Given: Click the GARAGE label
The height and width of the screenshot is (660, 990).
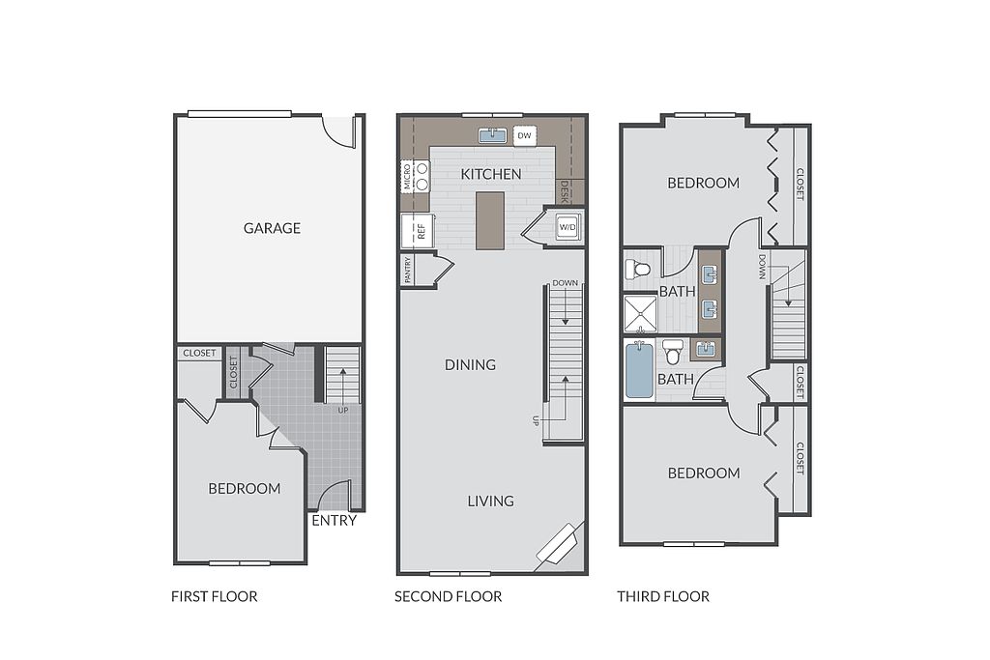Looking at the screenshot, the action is pyautogui.click(x=272, y=228).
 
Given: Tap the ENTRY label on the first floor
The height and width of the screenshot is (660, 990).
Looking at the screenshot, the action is pyautogui.click(x=334, y=521).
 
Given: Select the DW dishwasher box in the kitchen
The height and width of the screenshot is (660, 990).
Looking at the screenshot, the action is pyautogui.click(x=525, y=135).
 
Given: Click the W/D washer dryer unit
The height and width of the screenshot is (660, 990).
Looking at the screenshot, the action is pyautogui.click(x=567, y=227).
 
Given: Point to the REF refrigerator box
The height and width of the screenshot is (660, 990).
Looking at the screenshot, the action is pyautogui.click(x=414, y=231).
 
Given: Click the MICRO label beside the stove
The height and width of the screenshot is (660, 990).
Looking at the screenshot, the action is pyautogui.click(x=407, y=176).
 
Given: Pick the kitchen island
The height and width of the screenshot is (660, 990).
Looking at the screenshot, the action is pyautogui.click(x=490, y=221).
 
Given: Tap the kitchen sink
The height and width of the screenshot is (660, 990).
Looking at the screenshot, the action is pyautogui.click(x=492, y=135).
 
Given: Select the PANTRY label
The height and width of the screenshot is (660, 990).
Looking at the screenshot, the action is pyautogui.click(x=408, y=270).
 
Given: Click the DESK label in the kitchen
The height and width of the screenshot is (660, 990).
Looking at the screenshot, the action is pyautogui.click(x=565, y=192).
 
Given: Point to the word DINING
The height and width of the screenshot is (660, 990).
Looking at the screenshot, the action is pyautogui.click(x=471, y=364).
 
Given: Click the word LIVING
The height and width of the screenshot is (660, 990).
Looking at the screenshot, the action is pyautogui.click(x=490, y=501).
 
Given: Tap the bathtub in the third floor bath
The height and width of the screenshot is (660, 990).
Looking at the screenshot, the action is pyautogui.click(x=640, y=370).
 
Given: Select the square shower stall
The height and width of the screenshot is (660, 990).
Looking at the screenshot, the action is pyautogui.click(x=641, y=314).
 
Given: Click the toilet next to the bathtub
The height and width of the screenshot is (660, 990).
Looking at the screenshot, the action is pyautogui.click(x=673, y=352).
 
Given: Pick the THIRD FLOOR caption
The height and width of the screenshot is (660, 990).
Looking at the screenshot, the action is pyautogui.click(x=663, y=596).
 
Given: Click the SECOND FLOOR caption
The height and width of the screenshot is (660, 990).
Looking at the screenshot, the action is pyautogui.click(x=449, y=596).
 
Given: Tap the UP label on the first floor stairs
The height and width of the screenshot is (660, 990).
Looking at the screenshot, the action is pyautogui.click(x=343, y=410).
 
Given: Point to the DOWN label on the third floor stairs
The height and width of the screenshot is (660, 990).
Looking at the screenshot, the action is pyautogui.click(x=762, y=267).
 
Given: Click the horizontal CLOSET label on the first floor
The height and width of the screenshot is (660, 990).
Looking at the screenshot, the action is pyautogui.click(x=199, y=354).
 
